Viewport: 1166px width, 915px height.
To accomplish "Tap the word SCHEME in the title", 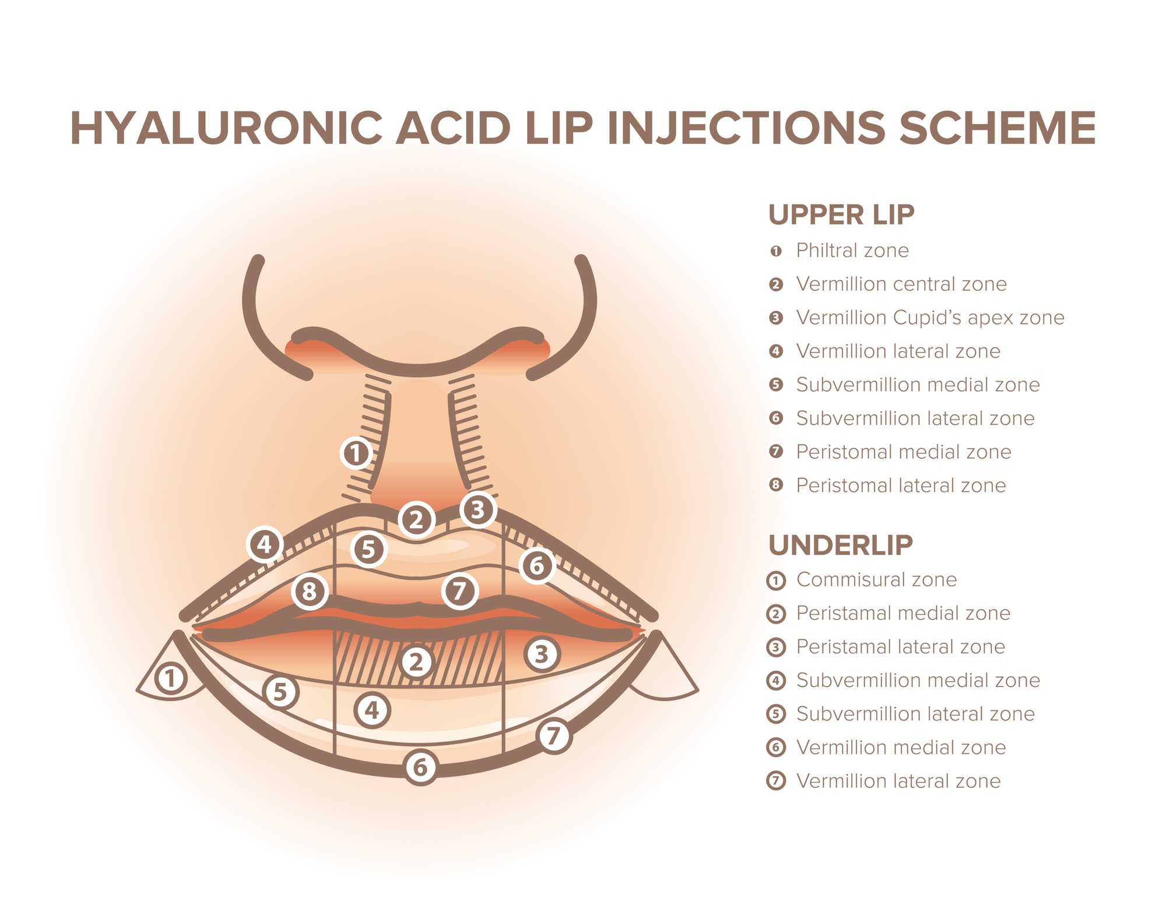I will [997, 128].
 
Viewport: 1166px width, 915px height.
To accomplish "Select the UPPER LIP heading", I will [841, 214].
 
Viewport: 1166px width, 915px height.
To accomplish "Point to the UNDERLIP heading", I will [840, 546].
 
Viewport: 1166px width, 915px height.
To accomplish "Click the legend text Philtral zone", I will [852, 251].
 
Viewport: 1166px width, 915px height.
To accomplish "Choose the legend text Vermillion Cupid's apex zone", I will [930, 318].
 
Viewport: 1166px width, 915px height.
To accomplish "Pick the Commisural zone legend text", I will [876, 580].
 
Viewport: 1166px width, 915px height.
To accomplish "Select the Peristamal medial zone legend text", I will [903, 613].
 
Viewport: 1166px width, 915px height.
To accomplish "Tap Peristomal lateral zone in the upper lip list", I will [901, 485].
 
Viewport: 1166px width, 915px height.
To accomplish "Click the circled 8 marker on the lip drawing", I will [310, 592].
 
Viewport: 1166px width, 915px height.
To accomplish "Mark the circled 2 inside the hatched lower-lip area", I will [416, 662].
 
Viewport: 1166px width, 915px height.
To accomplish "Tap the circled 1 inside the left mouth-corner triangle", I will [171, 678].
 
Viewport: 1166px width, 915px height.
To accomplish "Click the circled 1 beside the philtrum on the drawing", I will [356, 453].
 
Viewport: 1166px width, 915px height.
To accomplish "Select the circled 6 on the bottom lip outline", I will [420, 767].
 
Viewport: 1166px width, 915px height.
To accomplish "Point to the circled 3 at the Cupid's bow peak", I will [478, 510].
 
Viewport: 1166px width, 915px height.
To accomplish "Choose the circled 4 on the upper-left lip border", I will [265, 544].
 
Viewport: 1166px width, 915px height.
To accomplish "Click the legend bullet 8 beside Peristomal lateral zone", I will [775, 485].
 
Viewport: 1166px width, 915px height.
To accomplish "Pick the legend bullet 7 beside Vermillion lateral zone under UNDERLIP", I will [775, 780].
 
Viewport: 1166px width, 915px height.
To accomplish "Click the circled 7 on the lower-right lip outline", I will [553, 735].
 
